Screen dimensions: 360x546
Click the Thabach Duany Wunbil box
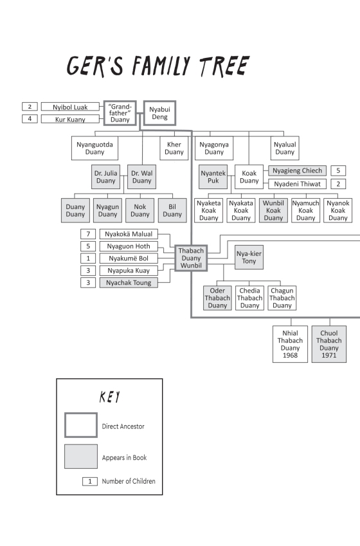tap(191, 258)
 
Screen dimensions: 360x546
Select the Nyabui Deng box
tap(159, 113)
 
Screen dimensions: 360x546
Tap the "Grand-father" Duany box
tap(120, 113)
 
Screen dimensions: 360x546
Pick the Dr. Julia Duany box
tap(106, 177)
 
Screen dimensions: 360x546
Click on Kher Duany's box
tap(174, 149)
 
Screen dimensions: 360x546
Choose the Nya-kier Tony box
tap(249, 257)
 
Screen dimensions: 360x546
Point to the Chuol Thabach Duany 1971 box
tap(329, 344)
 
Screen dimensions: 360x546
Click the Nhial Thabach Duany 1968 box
tap(290, 344)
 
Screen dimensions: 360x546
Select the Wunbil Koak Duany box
tap(273, 210)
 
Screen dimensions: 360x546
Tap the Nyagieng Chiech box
tap(298, 170)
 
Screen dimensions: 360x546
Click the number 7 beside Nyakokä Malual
tap(88, 234)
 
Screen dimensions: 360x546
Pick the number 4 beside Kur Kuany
tap(30, 119)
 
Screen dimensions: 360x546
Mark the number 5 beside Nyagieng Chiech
tap(338, 170)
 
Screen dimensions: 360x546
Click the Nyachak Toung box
tap(129, 283)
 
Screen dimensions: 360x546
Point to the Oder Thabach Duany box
tap(217, 298)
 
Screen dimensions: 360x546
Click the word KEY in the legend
tap(110, 397)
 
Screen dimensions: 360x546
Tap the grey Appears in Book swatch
tap(81, 457)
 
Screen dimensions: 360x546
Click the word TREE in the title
tap(224, 66)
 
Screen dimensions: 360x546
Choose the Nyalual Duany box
tap(285, 149)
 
